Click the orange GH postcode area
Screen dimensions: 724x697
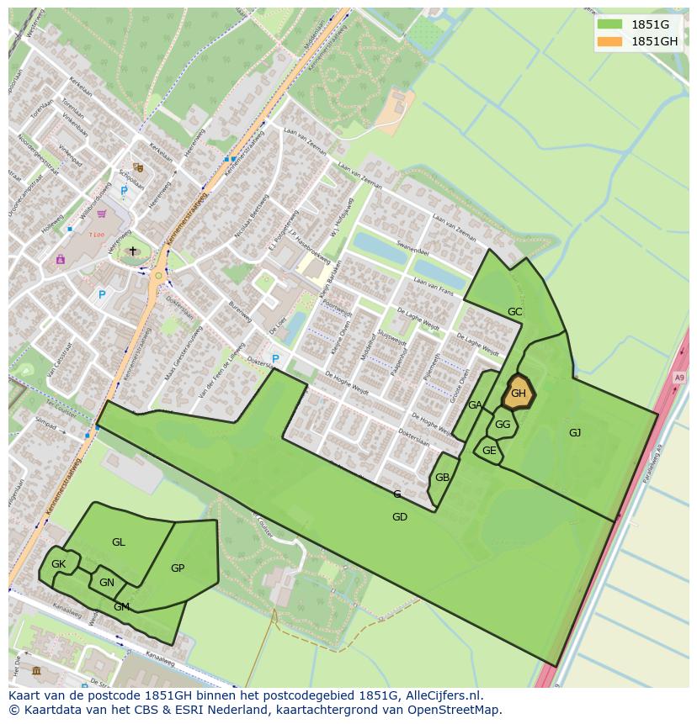[x=518, y=393]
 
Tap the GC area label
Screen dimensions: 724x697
[x=514, y=312]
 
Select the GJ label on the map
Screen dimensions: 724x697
[x=575, y=433]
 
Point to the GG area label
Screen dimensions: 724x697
[x=503, y=425]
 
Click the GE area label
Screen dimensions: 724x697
[x=489, y=451]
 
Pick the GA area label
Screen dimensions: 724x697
[x=475, y=405]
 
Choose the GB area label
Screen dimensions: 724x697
[x=442, y=478]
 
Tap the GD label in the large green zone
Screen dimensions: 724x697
[x=400, y=517]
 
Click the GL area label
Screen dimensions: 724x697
[x=119, y=542]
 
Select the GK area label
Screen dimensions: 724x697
[x=58, y=564]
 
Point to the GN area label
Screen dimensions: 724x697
[x=107, y=583]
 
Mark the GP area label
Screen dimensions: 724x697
[x=178, y=568]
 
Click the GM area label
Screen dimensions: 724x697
[x=122, y=607]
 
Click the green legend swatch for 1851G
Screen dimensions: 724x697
[x=609, y=24]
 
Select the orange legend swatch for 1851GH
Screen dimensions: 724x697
[x=609, y=41]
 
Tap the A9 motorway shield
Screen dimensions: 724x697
[x=678, y=378]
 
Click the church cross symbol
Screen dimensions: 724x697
[x=132, y=251]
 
